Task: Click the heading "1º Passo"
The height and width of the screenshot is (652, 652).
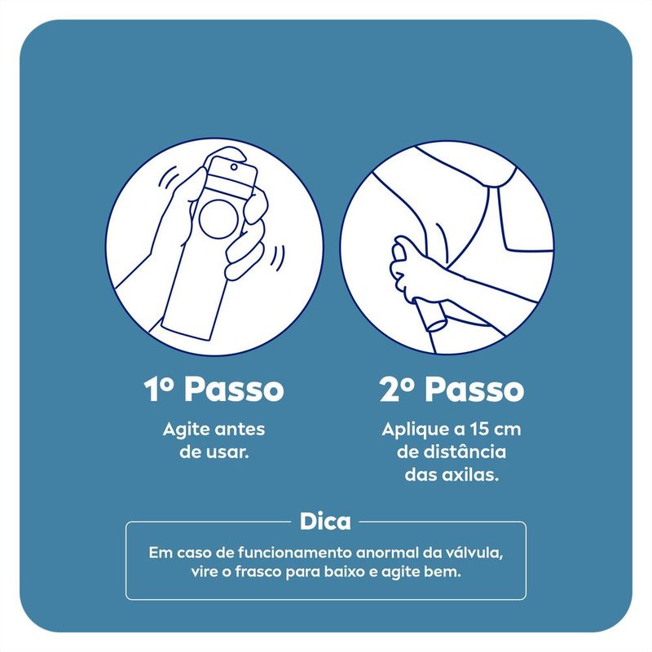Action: [x=214, y=389]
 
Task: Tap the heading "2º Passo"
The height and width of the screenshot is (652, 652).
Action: [x=452, y=389]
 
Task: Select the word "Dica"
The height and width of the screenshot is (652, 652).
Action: [x=325, y=521]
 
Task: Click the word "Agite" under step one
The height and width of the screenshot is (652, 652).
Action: [x=185, y=430]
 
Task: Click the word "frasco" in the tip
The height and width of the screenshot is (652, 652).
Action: [x=258, y=572]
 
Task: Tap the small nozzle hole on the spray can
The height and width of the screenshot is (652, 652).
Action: [x=234, y=167]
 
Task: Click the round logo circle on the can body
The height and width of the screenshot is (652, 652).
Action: [x=219, y=219]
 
